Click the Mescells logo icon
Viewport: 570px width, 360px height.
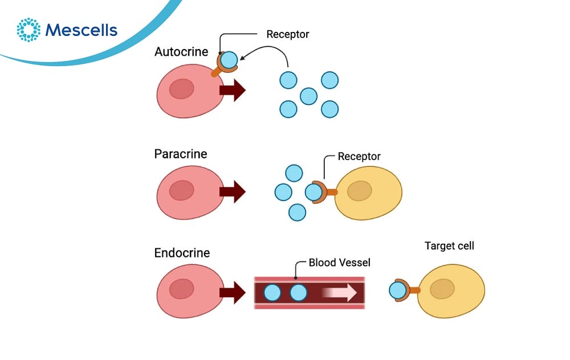(28, 30)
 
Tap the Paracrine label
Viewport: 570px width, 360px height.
(181, 154)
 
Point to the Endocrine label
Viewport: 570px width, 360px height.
(182, 253)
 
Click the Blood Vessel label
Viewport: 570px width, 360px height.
(340, 263)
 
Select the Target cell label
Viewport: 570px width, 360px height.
(449, 246)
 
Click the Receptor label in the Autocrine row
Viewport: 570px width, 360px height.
(288, 34)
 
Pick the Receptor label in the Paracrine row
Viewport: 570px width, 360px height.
(359, 156)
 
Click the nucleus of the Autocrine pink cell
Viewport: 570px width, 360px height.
(181, 89)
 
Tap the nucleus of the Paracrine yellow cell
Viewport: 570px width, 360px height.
(360, 191)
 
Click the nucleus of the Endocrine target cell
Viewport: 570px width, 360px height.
(442, 290)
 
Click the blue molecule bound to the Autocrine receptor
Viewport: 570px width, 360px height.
(229, 60)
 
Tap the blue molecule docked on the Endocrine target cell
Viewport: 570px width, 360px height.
(398, 291)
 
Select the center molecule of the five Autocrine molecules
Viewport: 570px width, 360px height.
(308, 96)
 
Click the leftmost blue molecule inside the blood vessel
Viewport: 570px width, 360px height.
(273, 293)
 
